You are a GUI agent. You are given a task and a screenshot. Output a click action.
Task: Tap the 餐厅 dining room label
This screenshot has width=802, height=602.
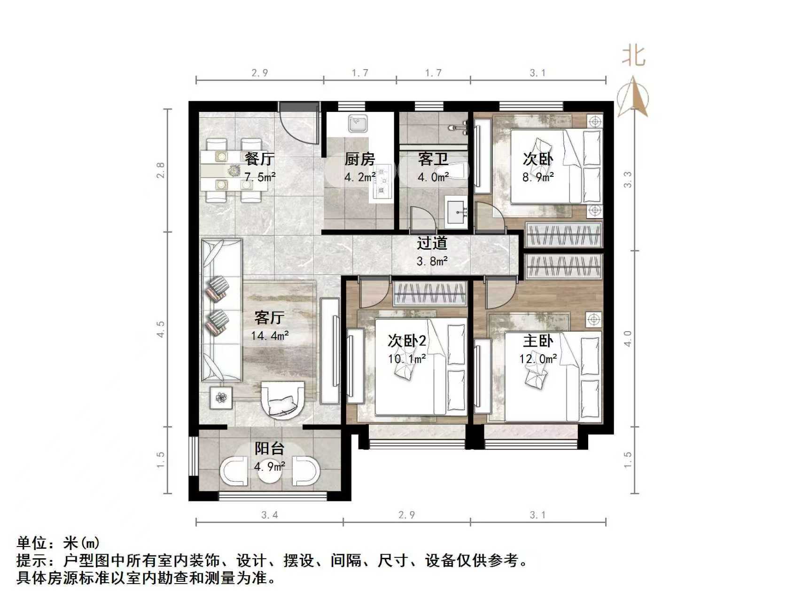click(x=259, y=159)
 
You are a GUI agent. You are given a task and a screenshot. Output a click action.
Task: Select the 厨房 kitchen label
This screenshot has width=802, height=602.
click(x=359, y=159)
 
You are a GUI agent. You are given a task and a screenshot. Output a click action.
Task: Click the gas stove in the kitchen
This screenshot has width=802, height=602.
click(x=382, y=181)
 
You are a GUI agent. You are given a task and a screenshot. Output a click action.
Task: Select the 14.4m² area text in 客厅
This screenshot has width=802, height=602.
click(x=270, y=336)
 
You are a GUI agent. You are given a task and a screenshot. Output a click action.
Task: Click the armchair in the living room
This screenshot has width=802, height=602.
click(x=283, y=399)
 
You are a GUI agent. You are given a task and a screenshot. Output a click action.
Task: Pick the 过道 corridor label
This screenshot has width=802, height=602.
click(x=432, y=243)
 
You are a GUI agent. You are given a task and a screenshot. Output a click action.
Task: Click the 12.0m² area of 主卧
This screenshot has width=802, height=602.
click(x=538, y=359)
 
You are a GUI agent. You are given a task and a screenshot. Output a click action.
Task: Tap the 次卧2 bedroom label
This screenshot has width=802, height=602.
click(x=406, y=341)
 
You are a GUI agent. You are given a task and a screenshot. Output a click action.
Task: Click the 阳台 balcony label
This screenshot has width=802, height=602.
click(x=269, y=448)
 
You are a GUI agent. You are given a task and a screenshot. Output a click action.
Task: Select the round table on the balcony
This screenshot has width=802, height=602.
click(x=270, y=472)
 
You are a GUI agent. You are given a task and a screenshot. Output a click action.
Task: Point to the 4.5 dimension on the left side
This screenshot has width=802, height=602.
click(x=161, y=329)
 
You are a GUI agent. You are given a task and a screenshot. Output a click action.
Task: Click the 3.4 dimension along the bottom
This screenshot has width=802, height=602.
click(x=269, y=515)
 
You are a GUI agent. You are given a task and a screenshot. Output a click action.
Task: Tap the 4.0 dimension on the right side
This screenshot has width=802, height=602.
click(x=628, y=338)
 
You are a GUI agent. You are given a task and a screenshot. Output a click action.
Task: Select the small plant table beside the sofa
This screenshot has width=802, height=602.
click(x=221, y=398)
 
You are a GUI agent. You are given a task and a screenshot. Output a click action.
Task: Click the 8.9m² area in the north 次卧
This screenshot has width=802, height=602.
click(x=538, y=177)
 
